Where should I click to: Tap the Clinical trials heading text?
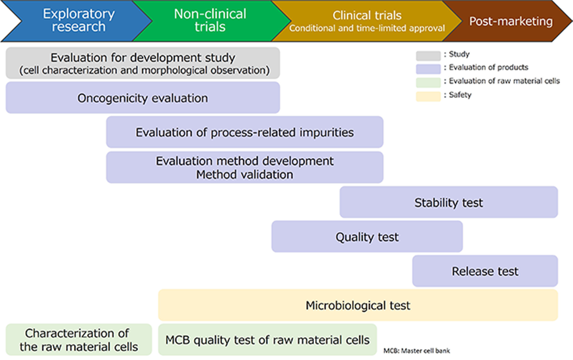pos(367,16)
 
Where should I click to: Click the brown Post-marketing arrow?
pos(510,21)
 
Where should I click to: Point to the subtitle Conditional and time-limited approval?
pos(367,28)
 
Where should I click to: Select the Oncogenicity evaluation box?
pos(143,98)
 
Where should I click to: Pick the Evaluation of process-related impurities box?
pos(245,133)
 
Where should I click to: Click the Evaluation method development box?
pos(245,168)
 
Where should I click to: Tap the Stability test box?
pos(449,202)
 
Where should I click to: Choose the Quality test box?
pos(367,237)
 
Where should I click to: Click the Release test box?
pos(485,272)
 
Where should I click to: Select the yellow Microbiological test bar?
pos(358,306)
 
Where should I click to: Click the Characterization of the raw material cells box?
pos(79,340)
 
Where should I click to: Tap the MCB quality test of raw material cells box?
pos(267,340)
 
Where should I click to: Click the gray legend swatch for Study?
pos(428,55)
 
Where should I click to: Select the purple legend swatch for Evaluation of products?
pos(428,68)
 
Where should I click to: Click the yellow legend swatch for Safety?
pos(428,95)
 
